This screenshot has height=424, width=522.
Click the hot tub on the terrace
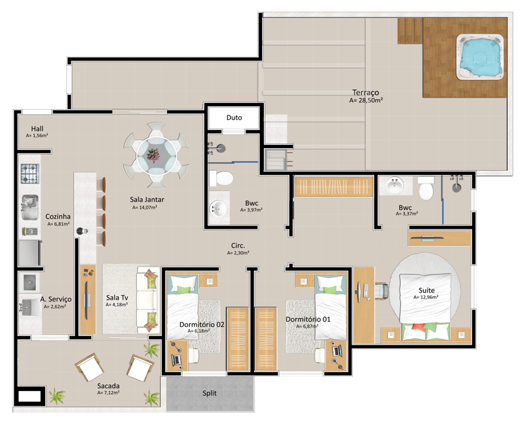coord(480,57)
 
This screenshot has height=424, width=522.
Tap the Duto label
coord(234,117)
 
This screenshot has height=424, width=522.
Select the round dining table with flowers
coord(156,155)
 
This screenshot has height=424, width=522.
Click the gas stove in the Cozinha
coord(30,174)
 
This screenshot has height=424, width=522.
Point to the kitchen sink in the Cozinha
coord(30,207)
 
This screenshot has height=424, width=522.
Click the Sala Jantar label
coord(147,199)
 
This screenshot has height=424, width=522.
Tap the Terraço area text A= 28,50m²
coord(366,100)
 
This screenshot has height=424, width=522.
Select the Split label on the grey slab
coord(209,393)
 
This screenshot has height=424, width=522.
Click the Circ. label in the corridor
coord(238,246)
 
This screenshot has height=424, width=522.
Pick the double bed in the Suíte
coord(426,307)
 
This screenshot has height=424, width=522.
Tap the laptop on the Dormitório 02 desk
coord(176,359)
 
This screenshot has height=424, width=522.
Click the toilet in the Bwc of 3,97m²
coord(221,178)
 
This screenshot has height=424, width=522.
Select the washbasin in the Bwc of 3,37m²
coord(395,185)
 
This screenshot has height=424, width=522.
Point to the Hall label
coord(37,129)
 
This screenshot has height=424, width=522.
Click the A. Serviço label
coord(56,299)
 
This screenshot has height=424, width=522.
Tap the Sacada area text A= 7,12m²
coord(108,393)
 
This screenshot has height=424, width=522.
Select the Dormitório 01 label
coord(308,319)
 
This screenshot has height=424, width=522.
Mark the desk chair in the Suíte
coord(382,291)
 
